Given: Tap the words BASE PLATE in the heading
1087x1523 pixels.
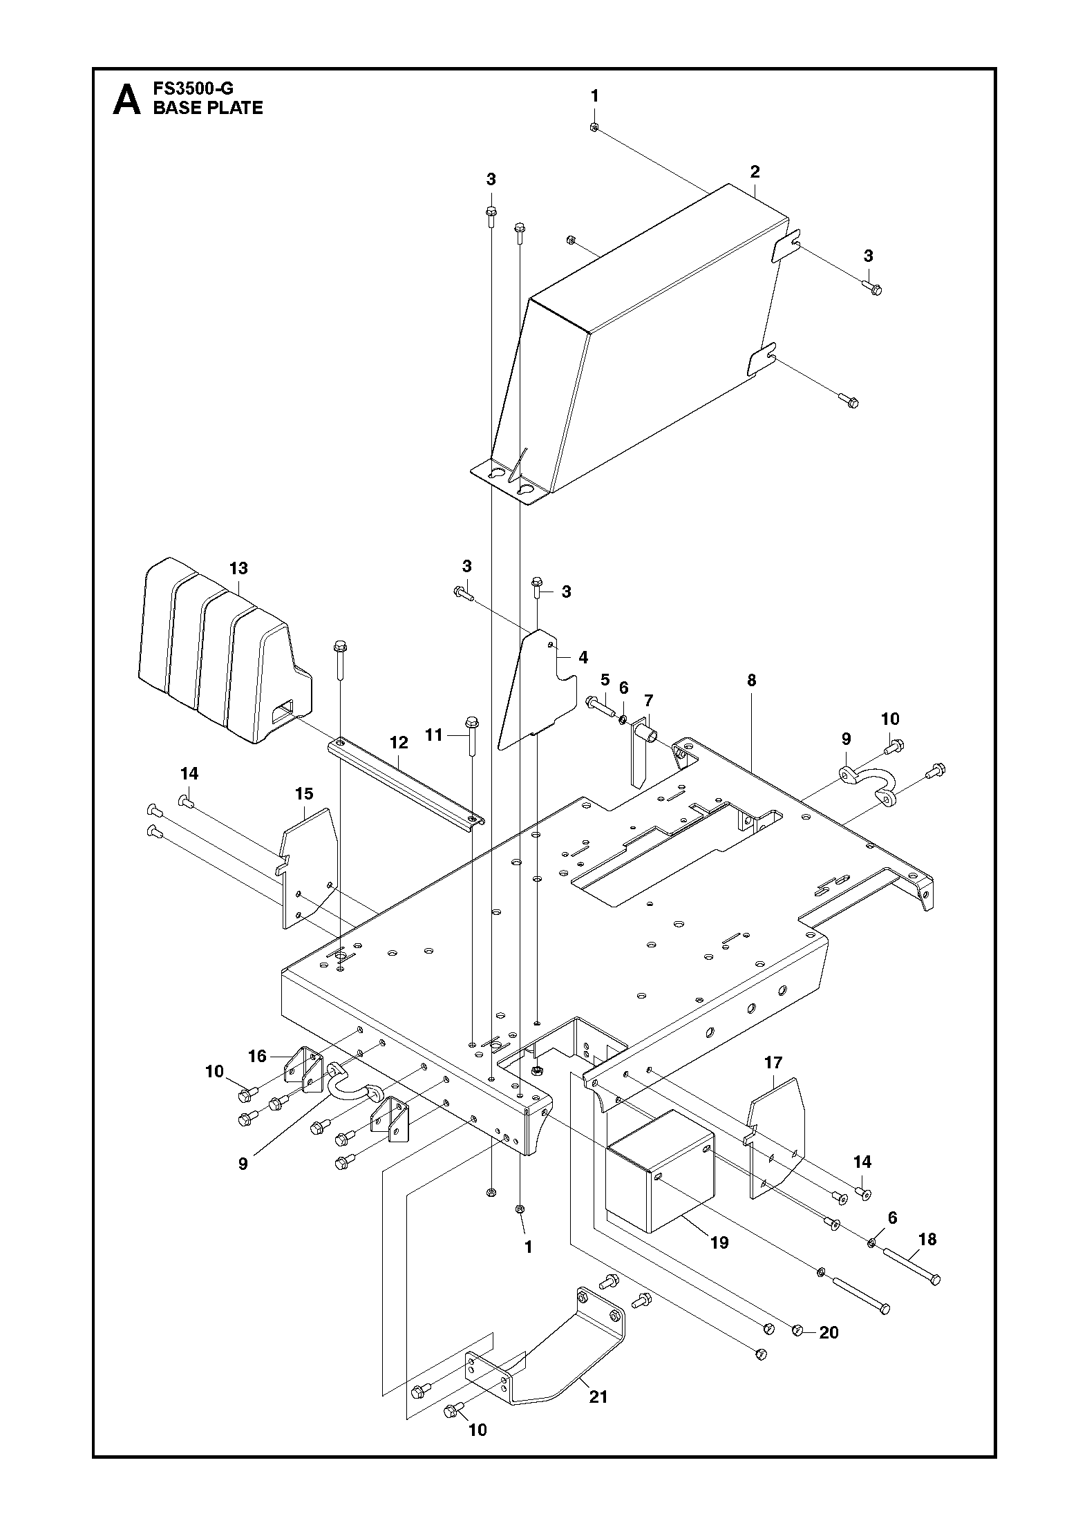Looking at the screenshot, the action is [208, 108].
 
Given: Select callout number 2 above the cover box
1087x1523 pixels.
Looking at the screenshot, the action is [755, 171].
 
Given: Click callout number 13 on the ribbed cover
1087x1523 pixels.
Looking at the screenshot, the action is [238, 568].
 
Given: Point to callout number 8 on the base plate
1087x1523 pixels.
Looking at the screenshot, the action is [752, 680].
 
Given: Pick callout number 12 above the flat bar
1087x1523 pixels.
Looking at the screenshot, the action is [399, 742].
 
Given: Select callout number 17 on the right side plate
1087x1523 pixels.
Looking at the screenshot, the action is [773, 1062].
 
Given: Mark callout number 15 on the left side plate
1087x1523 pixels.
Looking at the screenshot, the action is [304, 793].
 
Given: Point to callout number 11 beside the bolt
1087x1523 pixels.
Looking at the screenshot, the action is [433, 735].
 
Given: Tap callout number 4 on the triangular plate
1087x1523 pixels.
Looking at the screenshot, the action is [583, 657].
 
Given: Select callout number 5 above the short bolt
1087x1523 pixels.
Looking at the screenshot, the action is [605, 679].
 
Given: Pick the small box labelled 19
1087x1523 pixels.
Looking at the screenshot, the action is [660, 1151].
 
